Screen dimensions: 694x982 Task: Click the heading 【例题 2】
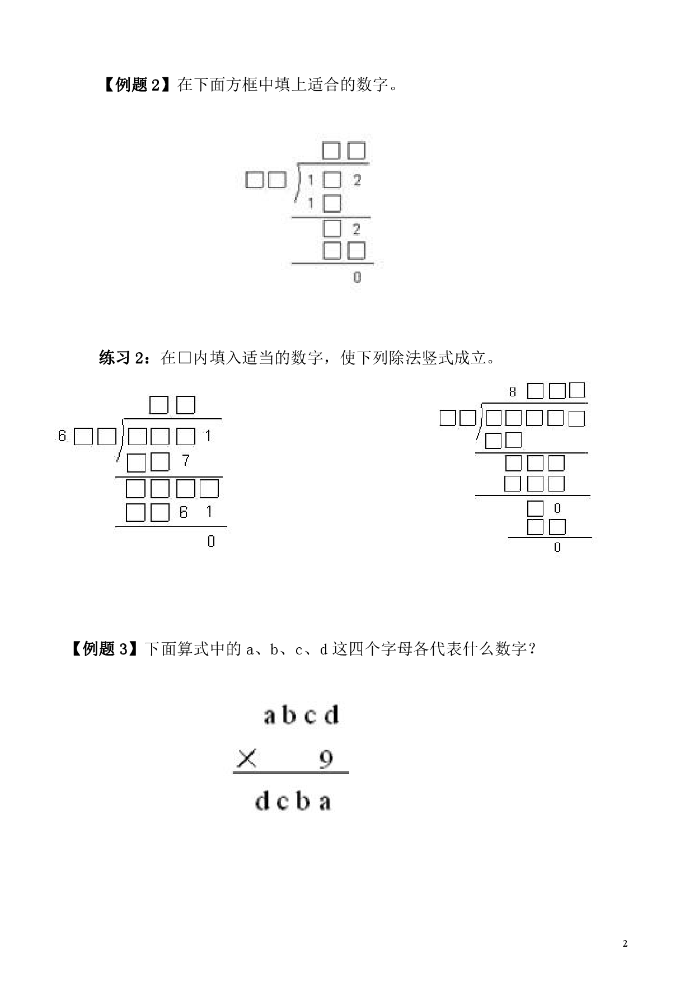click(134, 85)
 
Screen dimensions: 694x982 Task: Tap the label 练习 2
click(122, 358)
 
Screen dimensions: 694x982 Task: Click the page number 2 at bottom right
click(625, 943)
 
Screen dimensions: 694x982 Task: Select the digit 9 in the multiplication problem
click(326, 759)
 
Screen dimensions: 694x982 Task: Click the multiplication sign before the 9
click(247, 759)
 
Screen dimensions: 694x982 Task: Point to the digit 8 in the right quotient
click(513, 392)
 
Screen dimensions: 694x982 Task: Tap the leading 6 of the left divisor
click(62, 436)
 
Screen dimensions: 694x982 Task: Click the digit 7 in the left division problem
click(186, 461)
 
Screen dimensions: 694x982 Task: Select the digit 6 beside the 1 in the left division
click(184, 512)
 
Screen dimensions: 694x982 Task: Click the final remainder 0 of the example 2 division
click(358, 277)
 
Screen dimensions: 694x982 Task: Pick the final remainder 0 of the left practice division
click(211, 541)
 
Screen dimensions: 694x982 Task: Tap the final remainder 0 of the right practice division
click(557, 547)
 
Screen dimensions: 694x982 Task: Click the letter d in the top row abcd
click(332, 715)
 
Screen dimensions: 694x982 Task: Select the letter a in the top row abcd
click(270, 716)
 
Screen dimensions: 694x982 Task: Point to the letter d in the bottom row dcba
click(263, 801)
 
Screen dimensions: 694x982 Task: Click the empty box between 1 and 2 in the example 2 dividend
click(332, 180)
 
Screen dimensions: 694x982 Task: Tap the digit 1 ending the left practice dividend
click(208, 436)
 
